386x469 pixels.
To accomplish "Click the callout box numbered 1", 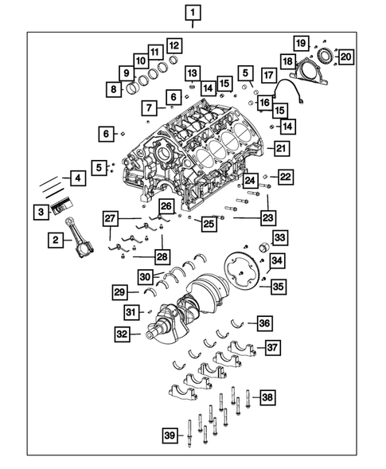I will tap(194, 13).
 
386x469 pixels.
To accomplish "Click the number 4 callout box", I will tap(77, 179).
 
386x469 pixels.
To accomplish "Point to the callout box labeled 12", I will tap(173, 45).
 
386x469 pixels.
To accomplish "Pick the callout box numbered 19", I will tap(301, 42).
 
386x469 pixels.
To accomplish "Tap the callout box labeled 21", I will tap(280, 147).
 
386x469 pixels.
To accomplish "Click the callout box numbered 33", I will tap(279, 237).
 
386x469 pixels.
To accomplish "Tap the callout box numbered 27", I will tap(111, 218).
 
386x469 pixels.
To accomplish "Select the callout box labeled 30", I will tap(146, 276).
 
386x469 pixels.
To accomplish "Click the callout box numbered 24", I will tap(250, 181).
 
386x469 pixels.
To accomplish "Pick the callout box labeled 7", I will tap(149, 107).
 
